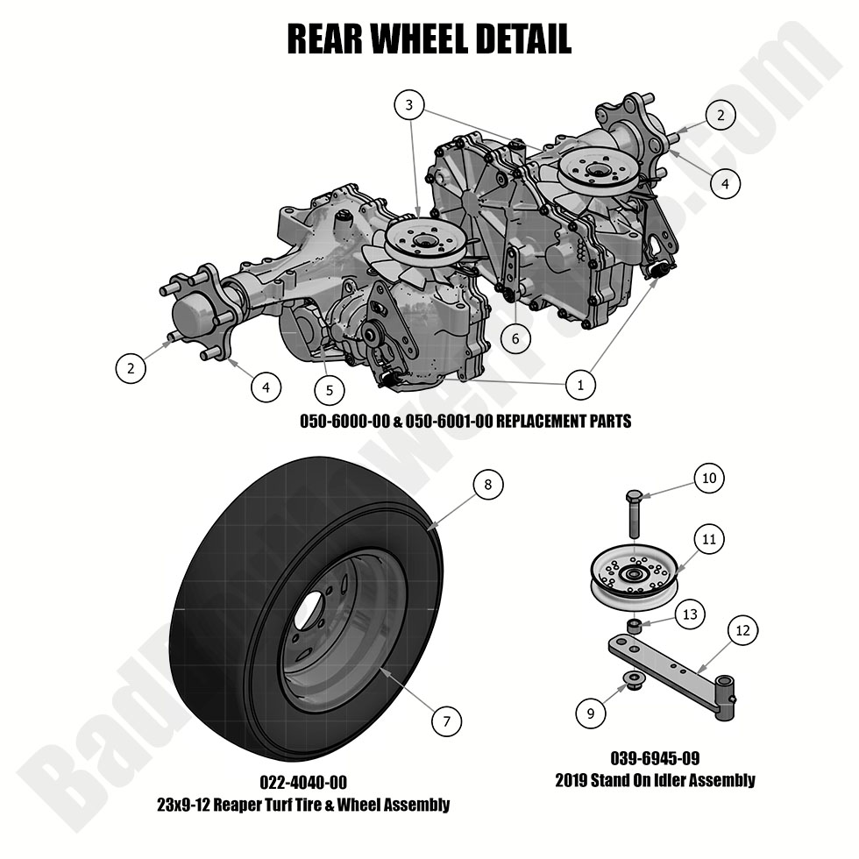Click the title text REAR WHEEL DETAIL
click(x=429, y=39)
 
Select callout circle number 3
click(x=408, y=106)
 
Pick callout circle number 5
click(x=330, y=388)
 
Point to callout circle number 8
click(x=488, y=484)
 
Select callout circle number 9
click(x=591, y=713)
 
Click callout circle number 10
click(x=708, y=478)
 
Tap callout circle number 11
click(x=708, y=539)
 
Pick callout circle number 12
click(x=742, y=629)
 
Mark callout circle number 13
click(x=690, y=614)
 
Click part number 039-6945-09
click(x=654, y=758)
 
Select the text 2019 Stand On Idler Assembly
click(x=654, y=779)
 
